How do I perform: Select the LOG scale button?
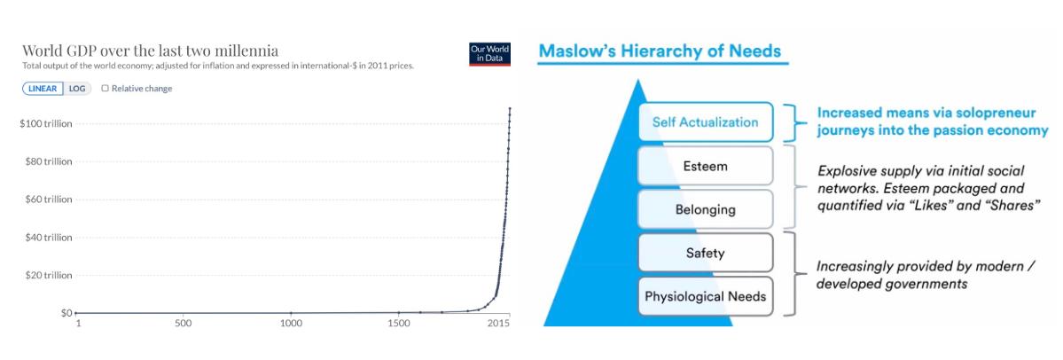pos(76,89)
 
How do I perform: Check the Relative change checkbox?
pos(106,89)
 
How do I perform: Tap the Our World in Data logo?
pos(489,53)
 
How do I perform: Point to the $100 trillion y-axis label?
pos(46,123)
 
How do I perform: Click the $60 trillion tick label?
pos(48,200)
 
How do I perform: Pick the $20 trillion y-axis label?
pos(48,276)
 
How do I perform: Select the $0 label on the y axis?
pos(65,313)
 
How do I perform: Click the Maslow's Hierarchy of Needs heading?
pos(660,51)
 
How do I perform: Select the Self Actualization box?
pos(705,122)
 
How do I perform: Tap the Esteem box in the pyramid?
pos(705,166)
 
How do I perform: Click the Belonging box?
pos(705,209)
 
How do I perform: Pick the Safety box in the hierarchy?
pos(705,253)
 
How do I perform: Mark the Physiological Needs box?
pos(705,295)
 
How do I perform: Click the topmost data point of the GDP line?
pos(510,109)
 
